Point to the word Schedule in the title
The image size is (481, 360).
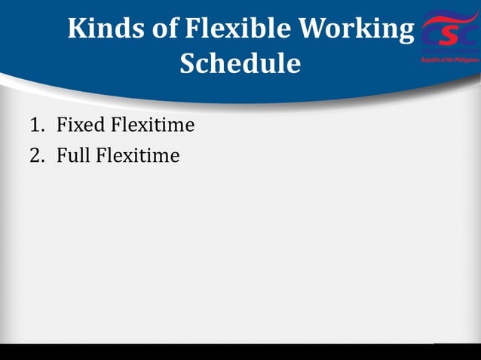click(x=240, y=63)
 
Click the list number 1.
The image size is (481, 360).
click(x=35, y=125)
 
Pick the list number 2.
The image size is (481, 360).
click(x=35, y=157)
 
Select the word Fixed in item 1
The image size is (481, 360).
click(x=78, y=125)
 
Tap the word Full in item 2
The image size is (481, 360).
click(x=74, y=157)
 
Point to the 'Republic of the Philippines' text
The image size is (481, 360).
click(x=450, y=59)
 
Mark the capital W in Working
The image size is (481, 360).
click(x=317, y=29)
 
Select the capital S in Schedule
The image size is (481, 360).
click(x=189, y=63)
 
